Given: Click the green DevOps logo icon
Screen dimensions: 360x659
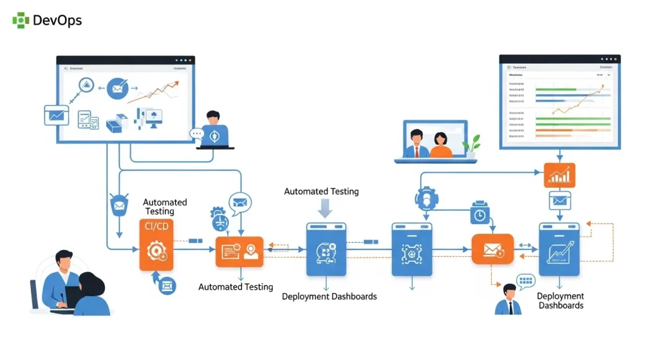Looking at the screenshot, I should pos(21,20).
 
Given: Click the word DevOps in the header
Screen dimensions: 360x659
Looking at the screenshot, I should pos(57,20).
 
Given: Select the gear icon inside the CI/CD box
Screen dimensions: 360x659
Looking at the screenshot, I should pos(156,250).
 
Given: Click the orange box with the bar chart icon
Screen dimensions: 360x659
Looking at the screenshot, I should pos(559,175).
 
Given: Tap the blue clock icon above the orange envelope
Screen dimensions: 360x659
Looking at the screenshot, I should pos(480,213).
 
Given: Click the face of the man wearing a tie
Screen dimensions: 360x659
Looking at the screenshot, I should pos(508,291).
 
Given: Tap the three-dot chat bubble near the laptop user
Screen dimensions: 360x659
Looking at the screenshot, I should pos(196,134).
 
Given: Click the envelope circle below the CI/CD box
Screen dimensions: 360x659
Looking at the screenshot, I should pos(167,285).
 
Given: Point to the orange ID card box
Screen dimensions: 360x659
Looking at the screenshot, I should pos(239,252).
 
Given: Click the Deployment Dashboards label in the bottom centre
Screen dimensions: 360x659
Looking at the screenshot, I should pos(329,296).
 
